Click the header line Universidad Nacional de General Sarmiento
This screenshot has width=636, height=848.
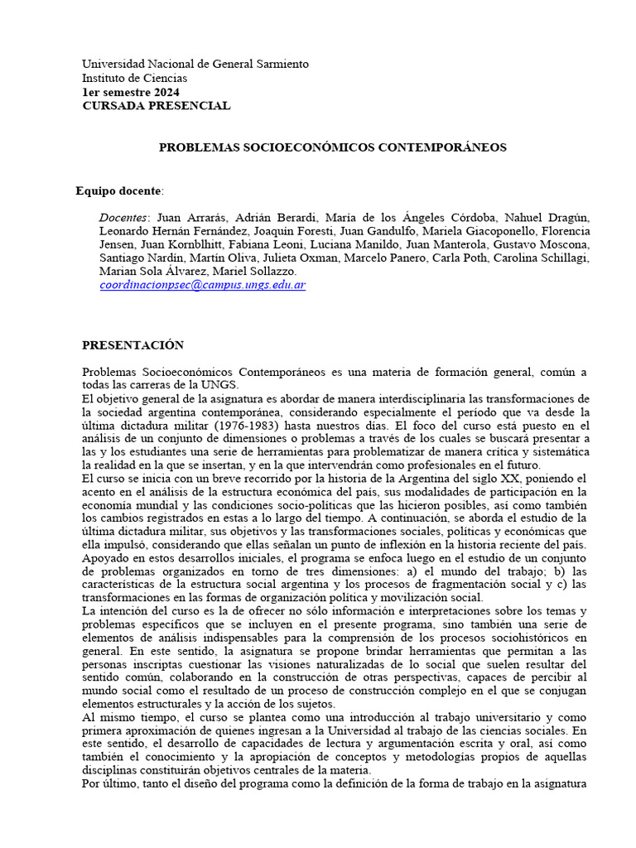(195, 64)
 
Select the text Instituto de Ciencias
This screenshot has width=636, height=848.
(134, 78)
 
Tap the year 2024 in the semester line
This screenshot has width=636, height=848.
(165, 92)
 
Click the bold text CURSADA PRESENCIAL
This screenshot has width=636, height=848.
(156, 106)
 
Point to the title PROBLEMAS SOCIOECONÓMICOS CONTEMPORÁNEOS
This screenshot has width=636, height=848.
(332, 147)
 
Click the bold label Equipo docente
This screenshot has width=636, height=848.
(119, 190)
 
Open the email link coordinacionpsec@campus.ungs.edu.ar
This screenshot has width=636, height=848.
(202, 284)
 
